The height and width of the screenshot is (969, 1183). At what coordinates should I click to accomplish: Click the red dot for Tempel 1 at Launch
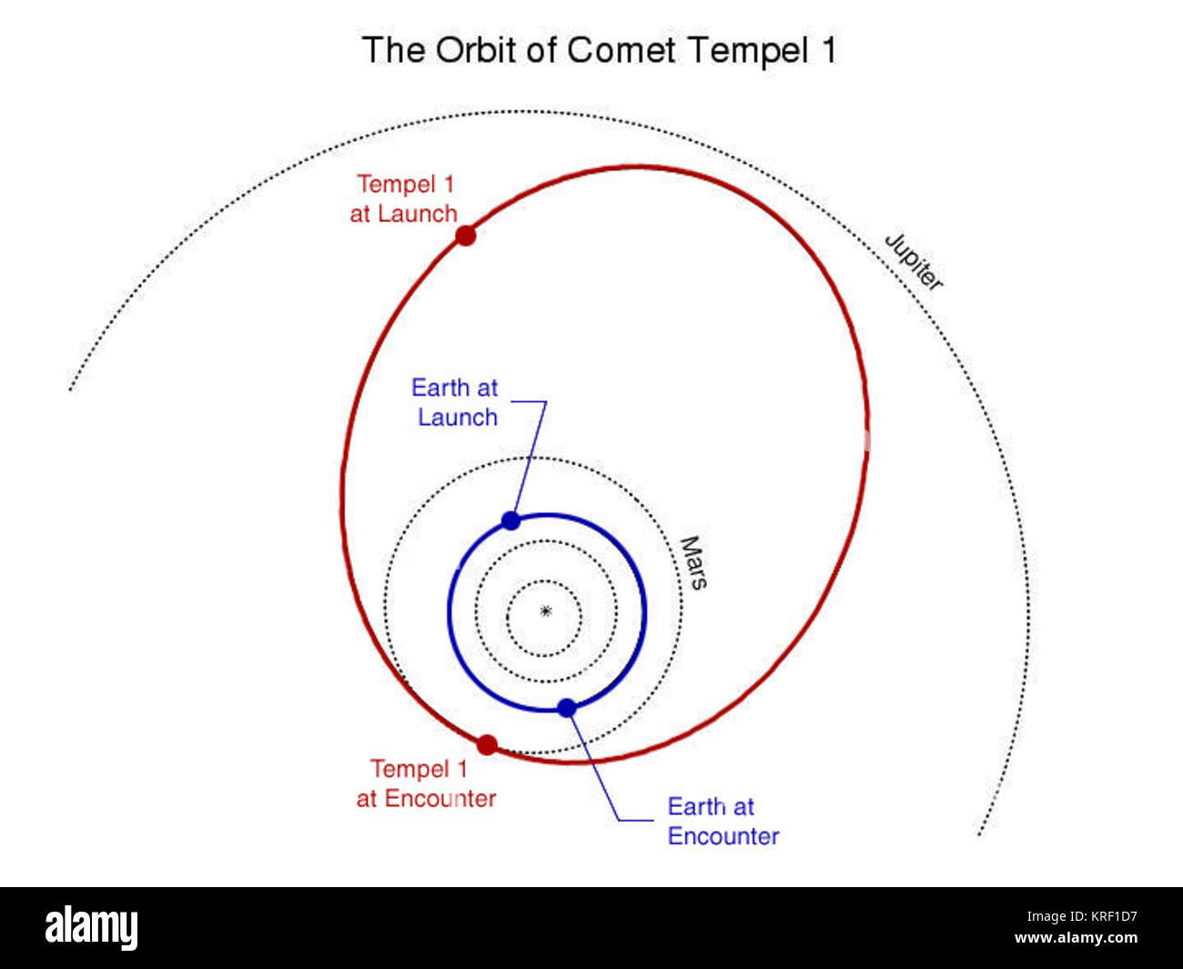(x=466, y=236)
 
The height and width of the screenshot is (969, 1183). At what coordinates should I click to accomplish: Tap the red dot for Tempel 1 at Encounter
(x=487, y=745)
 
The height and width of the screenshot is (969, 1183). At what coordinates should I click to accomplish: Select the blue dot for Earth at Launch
(x=511, y=520)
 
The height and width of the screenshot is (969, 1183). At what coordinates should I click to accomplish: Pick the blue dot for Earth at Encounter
(x=567, y=708)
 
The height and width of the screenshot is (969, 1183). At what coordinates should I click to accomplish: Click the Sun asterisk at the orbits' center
(x=546, y=611)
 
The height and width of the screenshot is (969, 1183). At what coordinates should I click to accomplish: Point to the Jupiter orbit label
(x=914, y=262)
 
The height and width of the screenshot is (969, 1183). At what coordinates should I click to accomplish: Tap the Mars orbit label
(x=693, y=562)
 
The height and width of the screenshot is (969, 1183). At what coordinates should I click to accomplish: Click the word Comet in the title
(x=622, y=50)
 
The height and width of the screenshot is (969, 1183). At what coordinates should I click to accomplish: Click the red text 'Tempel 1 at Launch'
(x=404, y=199)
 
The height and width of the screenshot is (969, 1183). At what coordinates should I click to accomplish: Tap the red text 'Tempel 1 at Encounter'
(x=425, y=783)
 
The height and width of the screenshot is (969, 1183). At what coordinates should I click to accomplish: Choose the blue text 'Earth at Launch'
(x=455, y=402)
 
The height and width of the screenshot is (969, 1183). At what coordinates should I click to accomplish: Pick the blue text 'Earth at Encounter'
(x=723, y=822)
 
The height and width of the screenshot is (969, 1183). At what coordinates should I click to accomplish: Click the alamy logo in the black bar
(x=92, y=928)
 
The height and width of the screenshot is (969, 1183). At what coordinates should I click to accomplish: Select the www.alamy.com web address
(x=1076, y=939)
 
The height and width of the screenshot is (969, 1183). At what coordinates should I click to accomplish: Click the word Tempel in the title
(x=748, y=50)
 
